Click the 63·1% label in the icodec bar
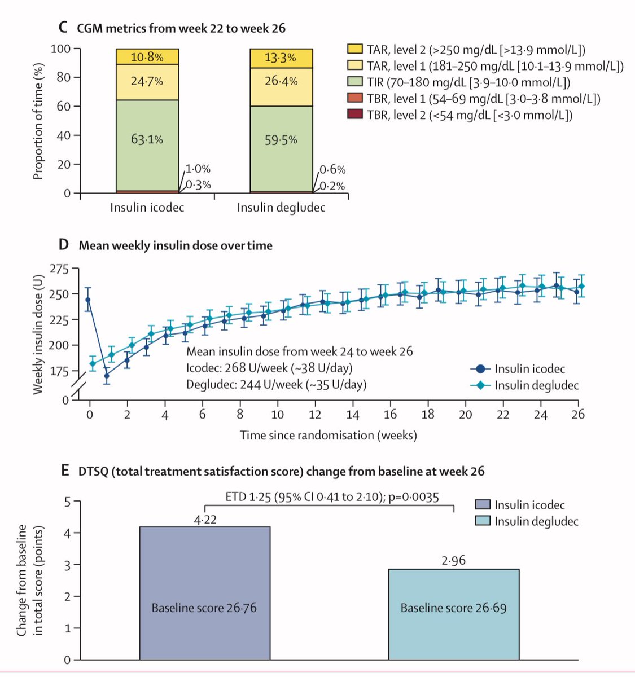147,139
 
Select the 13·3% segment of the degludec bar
281,58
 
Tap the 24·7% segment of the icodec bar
147,81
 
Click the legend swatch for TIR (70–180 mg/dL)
354,82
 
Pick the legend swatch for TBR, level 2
354,115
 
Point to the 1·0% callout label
198,169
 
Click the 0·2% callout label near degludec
332,186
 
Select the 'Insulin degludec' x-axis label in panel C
281,208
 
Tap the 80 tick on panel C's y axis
65,77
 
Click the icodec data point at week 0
88,300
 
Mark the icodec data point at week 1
107,376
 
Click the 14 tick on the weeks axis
352,415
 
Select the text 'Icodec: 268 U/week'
239,368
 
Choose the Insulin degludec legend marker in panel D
480,385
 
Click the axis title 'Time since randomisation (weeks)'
328,436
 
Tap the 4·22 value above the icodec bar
205,520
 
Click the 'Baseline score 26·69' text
453,608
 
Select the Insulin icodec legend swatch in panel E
483,505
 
